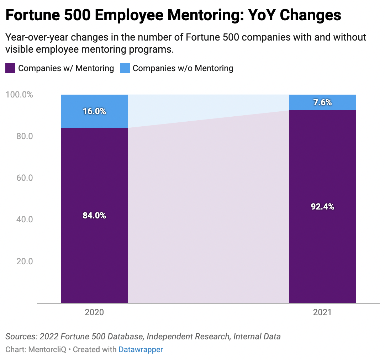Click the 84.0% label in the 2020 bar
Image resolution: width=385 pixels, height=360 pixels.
click(x=94, y=215)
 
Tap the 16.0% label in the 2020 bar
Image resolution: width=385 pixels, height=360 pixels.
click(x=94, y=111)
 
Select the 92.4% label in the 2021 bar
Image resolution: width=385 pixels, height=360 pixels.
click(x=322, y=206)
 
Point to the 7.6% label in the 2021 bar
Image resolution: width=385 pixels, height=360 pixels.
click(x=322, y=102)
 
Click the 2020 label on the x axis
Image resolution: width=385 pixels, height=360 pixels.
click(x=94, y=312)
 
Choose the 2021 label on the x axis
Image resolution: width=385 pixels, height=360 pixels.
click(x=322, y=312)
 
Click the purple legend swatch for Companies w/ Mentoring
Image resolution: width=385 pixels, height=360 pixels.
click(x=10, y=68)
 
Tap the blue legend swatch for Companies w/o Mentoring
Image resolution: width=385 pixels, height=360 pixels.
click(x=125, y=68)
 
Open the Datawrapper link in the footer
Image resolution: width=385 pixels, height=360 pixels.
click(x=141, y=349)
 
